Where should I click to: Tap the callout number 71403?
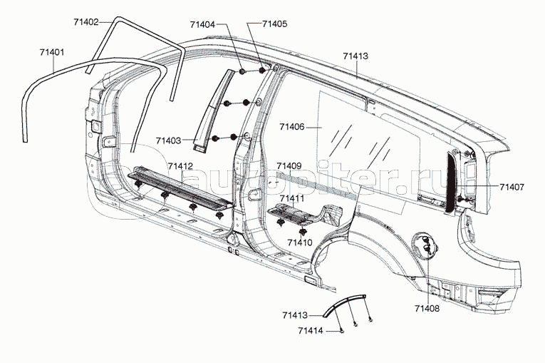point(167,140)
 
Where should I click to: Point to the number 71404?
point(202,24)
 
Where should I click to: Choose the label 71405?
point(274,24)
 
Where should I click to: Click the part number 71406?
point(292,127)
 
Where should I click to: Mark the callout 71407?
point(512,187)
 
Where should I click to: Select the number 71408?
point(427,308)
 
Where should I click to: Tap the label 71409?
point(289,165)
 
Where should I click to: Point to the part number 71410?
point(299,242)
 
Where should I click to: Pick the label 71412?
point(180,166)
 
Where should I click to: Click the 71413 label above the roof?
point(355,55)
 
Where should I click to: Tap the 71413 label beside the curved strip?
point(294,315)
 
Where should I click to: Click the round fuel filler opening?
point(426,245)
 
